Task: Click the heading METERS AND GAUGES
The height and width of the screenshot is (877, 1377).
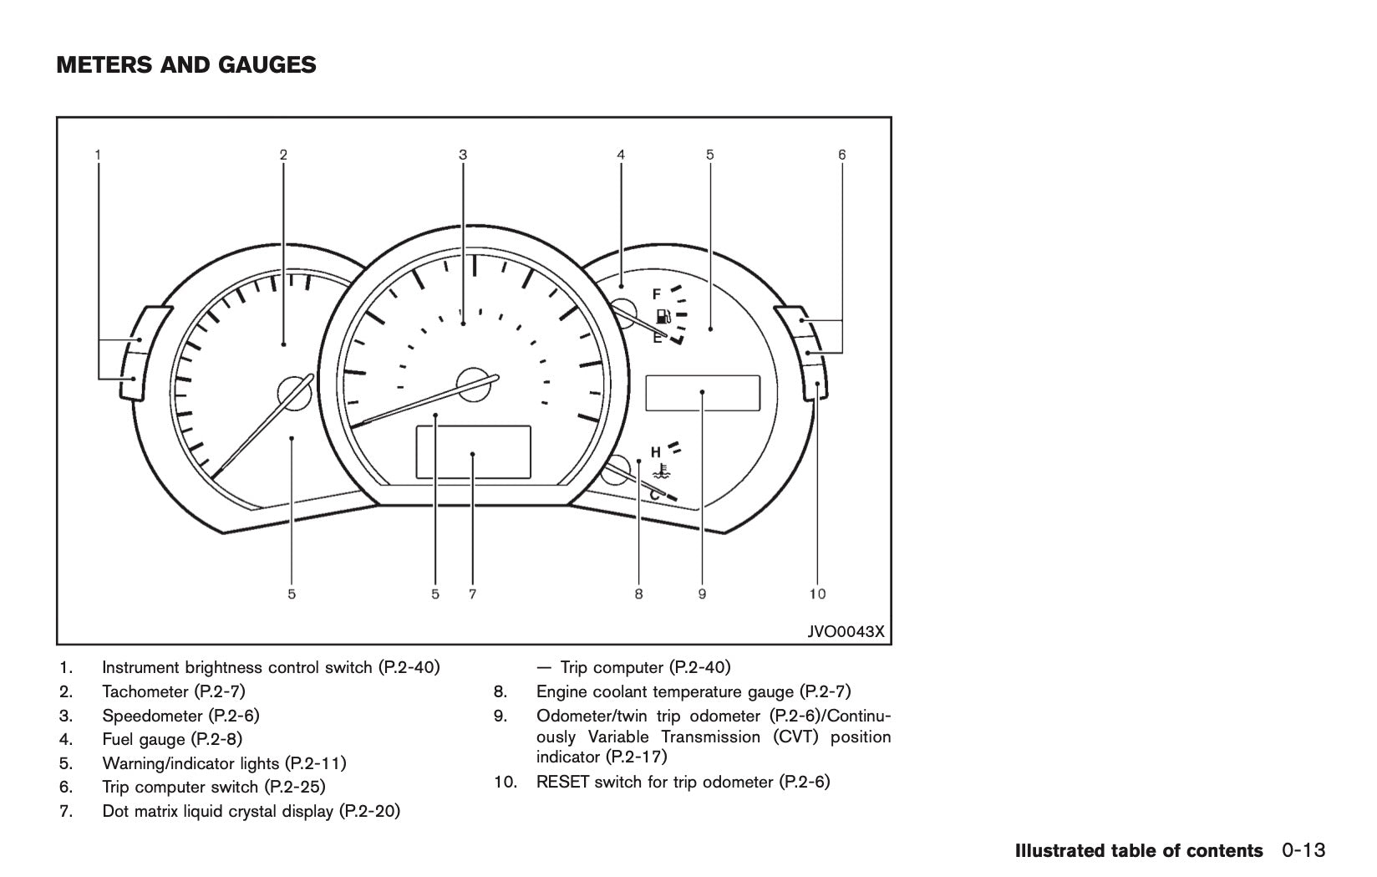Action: pyautogui.click(x=186, y=65)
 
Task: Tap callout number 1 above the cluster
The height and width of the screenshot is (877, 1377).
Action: pyautogui.click(x=99, y=155)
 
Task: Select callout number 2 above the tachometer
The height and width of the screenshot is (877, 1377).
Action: pyautogui.click(x=283, y=155)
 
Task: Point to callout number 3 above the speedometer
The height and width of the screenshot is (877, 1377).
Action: pyautogui.click(x=463, y=155)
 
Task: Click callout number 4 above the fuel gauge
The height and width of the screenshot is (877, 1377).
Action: pyautogui.click(x=621, y=155)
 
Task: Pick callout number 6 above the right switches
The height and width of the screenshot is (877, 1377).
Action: pyautogui.click(x=841, y=155)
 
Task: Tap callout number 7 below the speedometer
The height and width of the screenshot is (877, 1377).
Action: pyautogui.click(x=472, y=594)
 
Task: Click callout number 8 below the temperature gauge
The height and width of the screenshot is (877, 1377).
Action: pyautogui.click(x=638, y=594)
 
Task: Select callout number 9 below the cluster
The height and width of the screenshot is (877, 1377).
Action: pyautogui.click(x=702, y=594)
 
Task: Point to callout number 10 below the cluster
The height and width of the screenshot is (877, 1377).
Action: pyautogui.click(x=817, y=594)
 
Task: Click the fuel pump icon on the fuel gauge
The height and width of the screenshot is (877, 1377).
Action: pyautogui.click(x=664, y=316)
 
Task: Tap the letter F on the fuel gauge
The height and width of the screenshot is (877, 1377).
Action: pyautogui.click(x=657, y=294)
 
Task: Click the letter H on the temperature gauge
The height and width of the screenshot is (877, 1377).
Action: pyautogui.click(x=656, y=451)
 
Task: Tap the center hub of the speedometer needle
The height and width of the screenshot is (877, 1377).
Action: pyautogui.click(x=473, y=381)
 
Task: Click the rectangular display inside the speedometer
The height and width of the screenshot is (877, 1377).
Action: pyautogui.click(x=473, y=452)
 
